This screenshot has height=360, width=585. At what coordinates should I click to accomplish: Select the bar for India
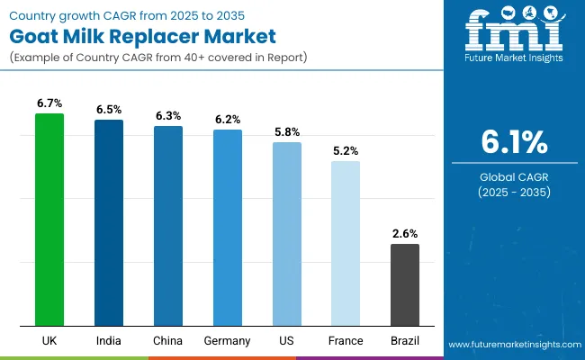tap(109, 222)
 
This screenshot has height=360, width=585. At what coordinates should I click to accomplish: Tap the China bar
tap(168, 225)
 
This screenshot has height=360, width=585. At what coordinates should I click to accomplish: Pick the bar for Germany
tap(228, 227)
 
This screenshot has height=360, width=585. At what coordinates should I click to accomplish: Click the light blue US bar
tap(287, 233)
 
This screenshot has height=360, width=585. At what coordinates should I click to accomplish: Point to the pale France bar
tap(346, 243)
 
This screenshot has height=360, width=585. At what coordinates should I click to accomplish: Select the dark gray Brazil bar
tap(405, 284)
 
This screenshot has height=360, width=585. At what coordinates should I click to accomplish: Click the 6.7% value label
tap(49, 103)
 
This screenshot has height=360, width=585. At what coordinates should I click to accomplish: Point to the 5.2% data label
tap(346, 151)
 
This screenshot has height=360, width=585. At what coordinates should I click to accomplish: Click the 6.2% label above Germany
tap(228, 120)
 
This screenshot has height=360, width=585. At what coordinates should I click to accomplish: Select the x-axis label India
tap(109, 341)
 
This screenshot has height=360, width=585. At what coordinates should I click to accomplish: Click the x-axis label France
tap(346, 341)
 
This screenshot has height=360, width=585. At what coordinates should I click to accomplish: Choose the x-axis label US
tap(287, 341)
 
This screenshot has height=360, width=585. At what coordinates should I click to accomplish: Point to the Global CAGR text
tap(513, 177)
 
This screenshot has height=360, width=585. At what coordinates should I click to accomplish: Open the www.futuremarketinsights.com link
tap(510, 345)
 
